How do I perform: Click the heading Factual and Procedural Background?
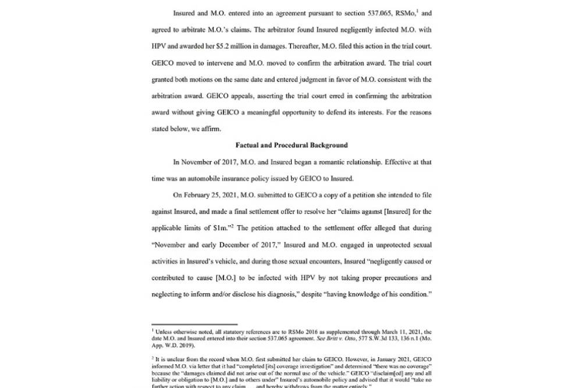pos(291,145)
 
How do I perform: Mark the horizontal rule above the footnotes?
pos(194,325)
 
